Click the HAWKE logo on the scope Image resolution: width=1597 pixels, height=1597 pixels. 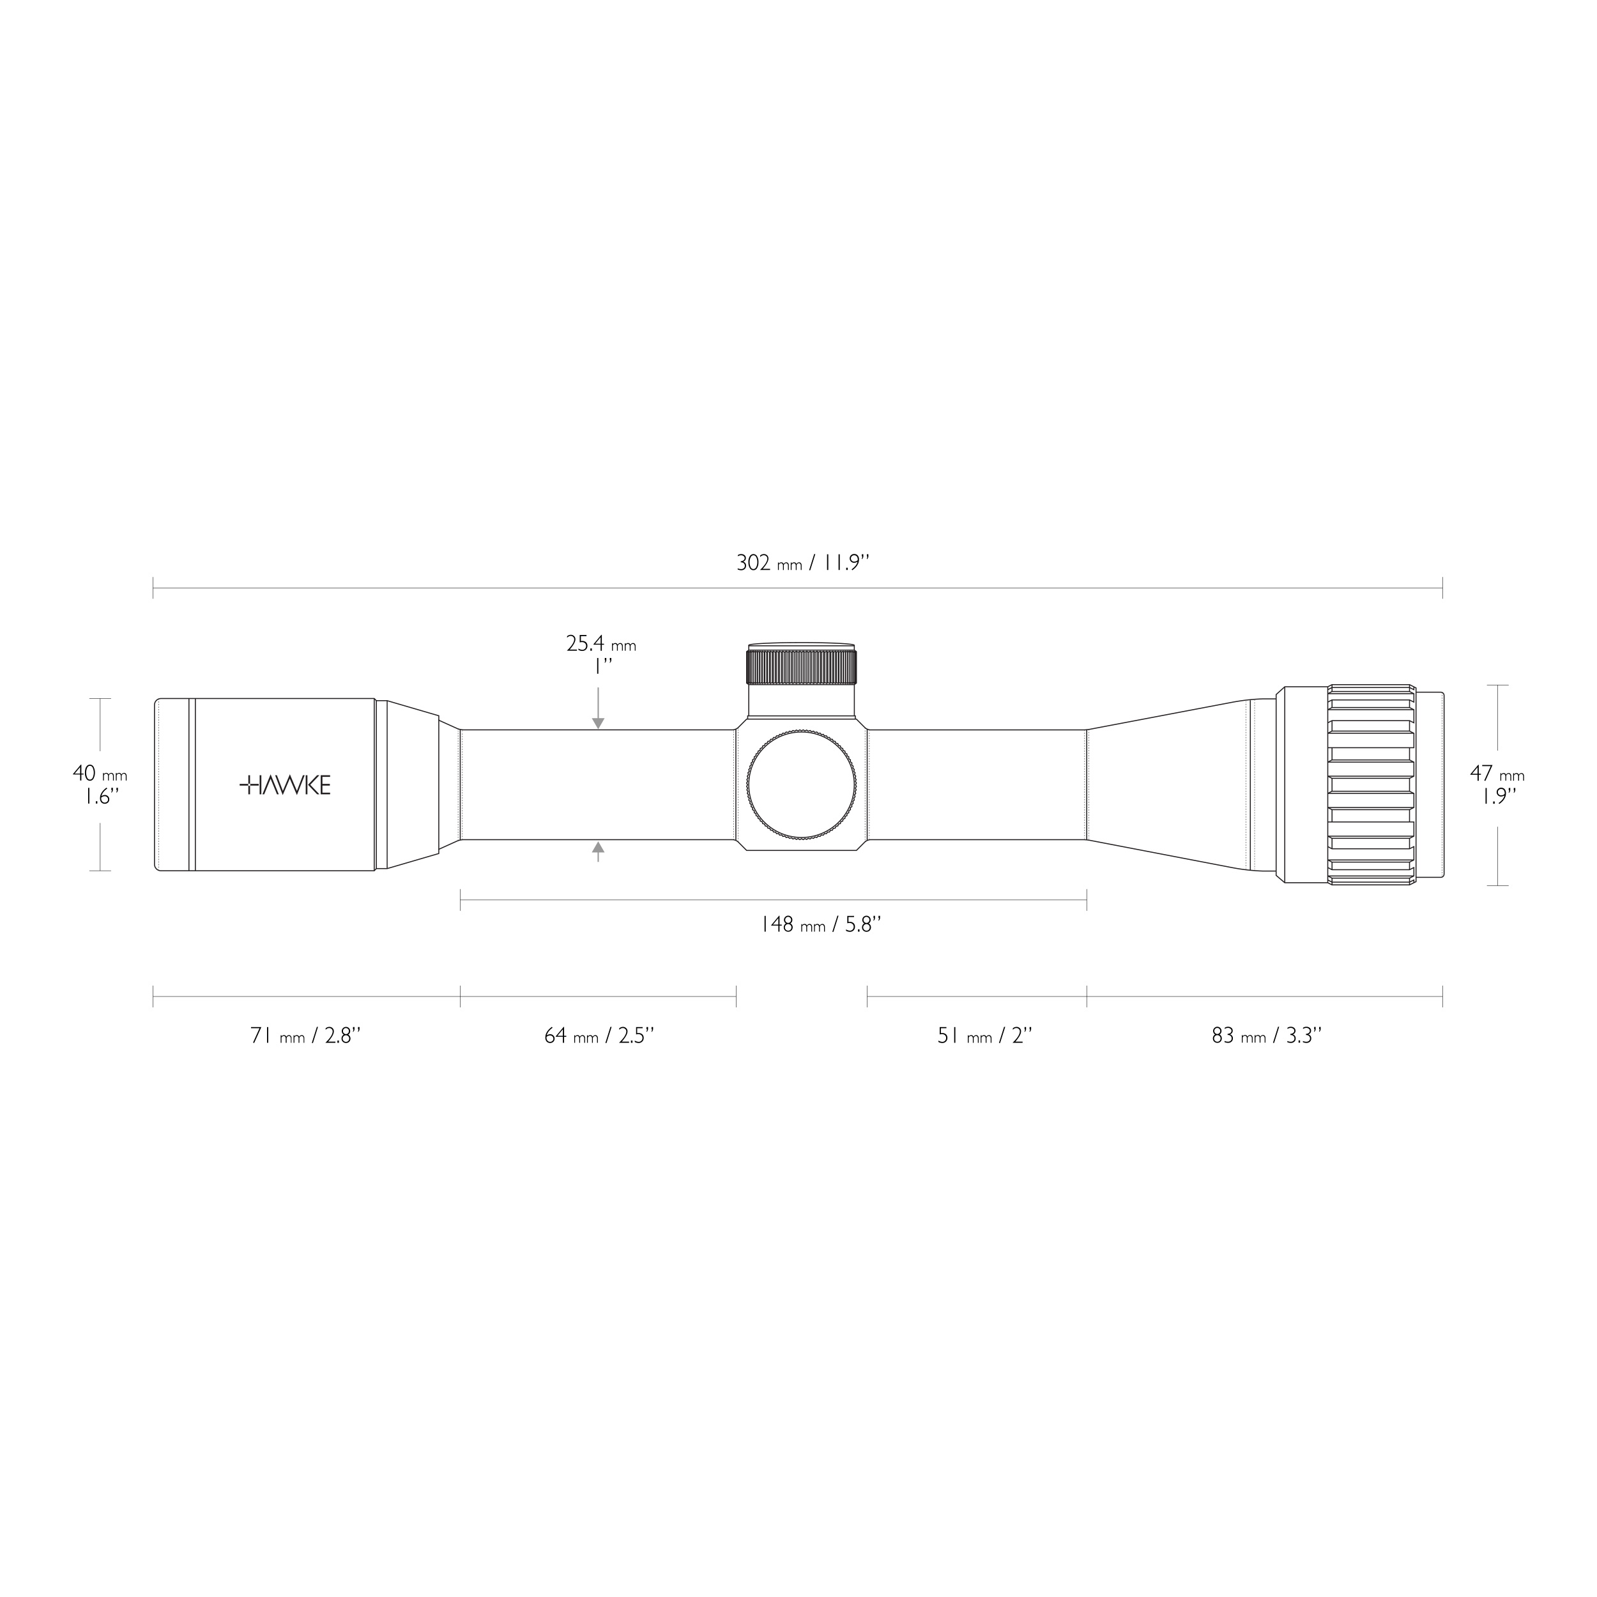pyautogui.click(x=285, y=785)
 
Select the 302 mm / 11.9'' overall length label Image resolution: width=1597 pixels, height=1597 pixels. pyautogui.click(x=802, y=564)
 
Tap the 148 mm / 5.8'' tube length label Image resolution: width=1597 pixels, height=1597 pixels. pyautogui.click(x=821, y=924)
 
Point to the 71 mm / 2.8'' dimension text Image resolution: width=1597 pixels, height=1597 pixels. pyautogui.click(x=306, y=1035)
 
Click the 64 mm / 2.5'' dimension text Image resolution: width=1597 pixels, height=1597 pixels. pyautogui.click(x=599, y=1035)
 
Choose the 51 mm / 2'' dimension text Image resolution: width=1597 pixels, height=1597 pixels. pyautogui.click(x=984, y=1035)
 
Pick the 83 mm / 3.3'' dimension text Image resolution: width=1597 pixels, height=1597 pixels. pyautogui.click(x=1266, y=1035)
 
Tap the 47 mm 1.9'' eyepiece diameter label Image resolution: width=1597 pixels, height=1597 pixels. pyautogui.click(x=1497, y=785)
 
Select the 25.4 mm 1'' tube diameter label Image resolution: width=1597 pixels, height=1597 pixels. pyautogui.click(x=601, y=655)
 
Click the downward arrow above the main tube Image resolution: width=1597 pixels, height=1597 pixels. pyautogui.click(x=599, y=722)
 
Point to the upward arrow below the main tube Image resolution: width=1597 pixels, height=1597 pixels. pyautogui.click(x=599, y=847)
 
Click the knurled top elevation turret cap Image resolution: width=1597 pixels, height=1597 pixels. pyautogui.click(x=801, y=666)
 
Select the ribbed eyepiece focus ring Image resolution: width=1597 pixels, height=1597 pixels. pyautogui.click(x=1372, y=785)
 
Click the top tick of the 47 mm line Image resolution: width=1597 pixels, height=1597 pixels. pyautogui.click(x=1498, y=685)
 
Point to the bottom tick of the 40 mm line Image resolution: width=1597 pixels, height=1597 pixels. pyautogui.click(x=100, y=871)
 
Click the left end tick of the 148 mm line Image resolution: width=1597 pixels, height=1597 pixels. pyautogui.click(x=461, y=900)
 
